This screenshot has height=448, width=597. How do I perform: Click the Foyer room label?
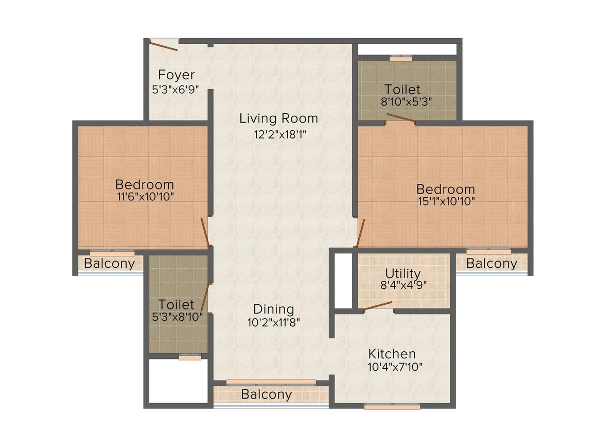pos(176,75)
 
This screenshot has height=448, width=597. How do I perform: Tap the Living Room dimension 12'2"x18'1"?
pos(278,134)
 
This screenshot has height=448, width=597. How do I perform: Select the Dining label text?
pos(273,309)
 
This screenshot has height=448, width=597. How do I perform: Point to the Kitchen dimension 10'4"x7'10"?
pos(392,367)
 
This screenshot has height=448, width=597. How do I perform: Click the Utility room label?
pos(402,273)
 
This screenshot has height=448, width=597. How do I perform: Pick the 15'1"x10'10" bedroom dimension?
pos(445,201)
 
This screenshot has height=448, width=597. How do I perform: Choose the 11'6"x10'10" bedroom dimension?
pos(145,196)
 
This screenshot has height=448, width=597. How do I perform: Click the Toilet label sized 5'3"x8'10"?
pos(176,304)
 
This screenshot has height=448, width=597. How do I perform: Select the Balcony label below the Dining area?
pos(266,395)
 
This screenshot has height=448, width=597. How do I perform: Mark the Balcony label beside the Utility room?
pos(491,264)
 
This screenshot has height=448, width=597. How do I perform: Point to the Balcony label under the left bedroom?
pos(110,264)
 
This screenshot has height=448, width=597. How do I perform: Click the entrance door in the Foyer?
pos(163,45)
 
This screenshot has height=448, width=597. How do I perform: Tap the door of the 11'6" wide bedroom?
pos(205,231)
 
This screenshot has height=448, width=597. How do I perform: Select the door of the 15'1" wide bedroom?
pos(360,233)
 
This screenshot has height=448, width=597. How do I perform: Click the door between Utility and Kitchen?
pos(378,306)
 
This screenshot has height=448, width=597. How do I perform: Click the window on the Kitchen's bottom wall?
pos(392,406)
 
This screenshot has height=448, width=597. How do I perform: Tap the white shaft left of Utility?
pos(342,280)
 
